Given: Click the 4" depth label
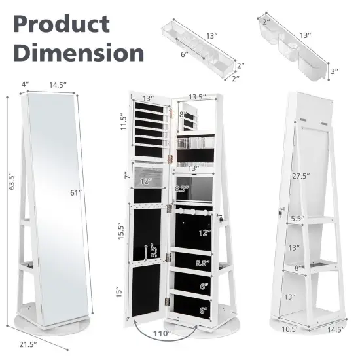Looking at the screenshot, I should (x=25, y=84).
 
